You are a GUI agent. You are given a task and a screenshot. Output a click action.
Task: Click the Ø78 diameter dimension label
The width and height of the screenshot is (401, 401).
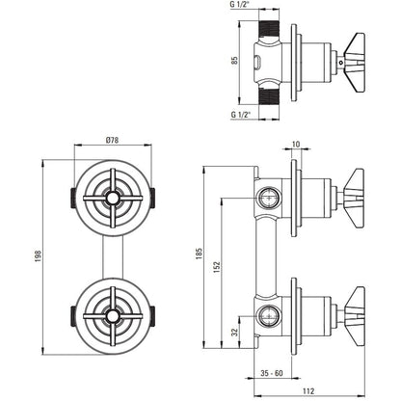point(112,141)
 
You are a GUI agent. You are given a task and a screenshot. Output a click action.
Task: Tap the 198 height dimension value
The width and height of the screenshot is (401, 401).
point(39,255)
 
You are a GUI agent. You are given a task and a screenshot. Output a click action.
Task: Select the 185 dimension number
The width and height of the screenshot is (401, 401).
point(200,254)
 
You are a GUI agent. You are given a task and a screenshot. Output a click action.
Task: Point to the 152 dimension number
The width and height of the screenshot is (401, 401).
point(217,267)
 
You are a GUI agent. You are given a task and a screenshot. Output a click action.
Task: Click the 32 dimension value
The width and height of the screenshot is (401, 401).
point(235,332)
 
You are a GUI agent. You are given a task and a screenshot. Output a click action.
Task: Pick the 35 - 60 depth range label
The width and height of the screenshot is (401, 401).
point(272,373)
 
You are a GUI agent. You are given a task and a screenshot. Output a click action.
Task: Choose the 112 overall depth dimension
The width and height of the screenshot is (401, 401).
point(308,391)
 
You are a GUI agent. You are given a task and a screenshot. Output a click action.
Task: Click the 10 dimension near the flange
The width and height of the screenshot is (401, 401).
point(296,145)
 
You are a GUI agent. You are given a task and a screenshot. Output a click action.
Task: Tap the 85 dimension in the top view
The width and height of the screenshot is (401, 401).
point(235,60)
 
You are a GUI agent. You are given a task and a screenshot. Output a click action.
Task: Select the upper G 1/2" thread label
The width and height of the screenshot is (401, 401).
point(240,5)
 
